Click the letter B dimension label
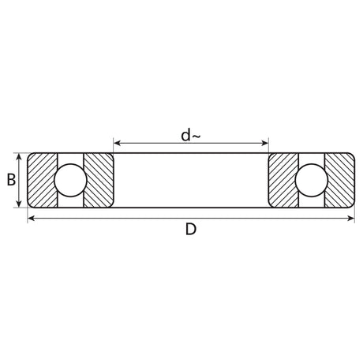pyautogui.click(x=11, y=180)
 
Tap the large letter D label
pyautogui.click(x=190, y=230)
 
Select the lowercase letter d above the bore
pyautogui.click(x=185, y=136)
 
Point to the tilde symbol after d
pyautogui.click(x=196, y=137)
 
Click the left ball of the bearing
pyautogui.click(x=70, y=180)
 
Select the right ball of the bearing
pyautogui.click(x=312, y=180)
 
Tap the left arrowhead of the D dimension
pyautogui.click(x=32, y=217)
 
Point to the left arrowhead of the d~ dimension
pyautogui.click(x=118, y=144)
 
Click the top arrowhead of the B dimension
pyautogui.click(x=20, y=156)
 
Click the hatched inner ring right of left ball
pyautogui.click(x=99, y=180)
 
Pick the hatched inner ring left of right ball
pyautogui.click(x=283, y=180)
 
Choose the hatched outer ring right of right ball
pyautogui.click(x=339, y=180)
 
